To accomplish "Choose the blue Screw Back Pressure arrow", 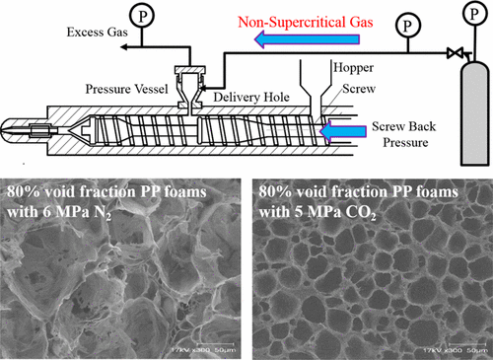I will (346, 133).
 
